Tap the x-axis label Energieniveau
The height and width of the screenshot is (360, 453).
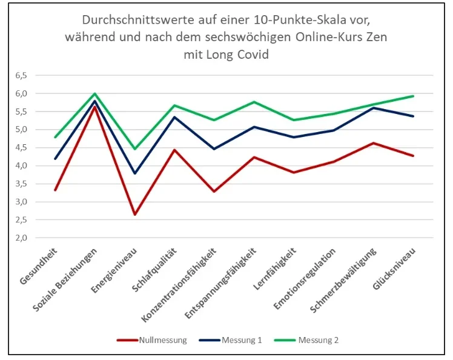tap(119, 268)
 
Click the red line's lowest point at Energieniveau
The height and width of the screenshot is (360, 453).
tap(134, 215)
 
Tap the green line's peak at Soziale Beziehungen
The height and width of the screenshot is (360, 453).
tap(94, 94)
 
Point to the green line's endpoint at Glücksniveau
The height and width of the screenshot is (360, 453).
tap(414, 96)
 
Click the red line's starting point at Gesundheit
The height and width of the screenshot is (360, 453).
tap(55, 190)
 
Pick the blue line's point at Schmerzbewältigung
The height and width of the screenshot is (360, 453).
tap(374, 108)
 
